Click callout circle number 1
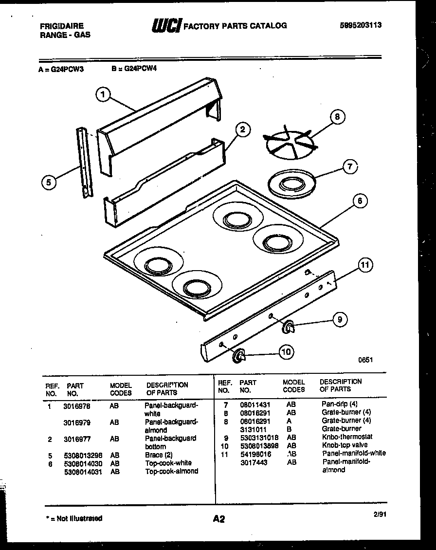pyautogui.click(x=103, y=94)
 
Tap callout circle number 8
pyautogui.click(x=337, y=117)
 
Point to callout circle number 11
pyautogui.click(x=365, y=265)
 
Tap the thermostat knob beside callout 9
pyautogui.click(x=288, y=328)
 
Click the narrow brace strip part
pyautogui.click(x=85, y=163)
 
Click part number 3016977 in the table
pyautogui.click(x=77, y=439)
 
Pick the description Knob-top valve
pyautogui.click(x=345, y=445)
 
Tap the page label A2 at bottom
pyautogui.click(x=219, y=519)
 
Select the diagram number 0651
pyautogui.click(x=365, y=360)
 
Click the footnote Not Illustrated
pyautogui.click(x=73, y=518)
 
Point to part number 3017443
pyautogui.click(x=254, y=462)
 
